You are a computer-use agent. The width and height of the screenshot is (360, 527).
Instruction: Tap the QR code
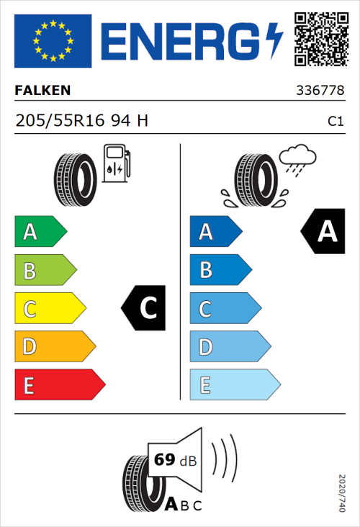tap(320, 39)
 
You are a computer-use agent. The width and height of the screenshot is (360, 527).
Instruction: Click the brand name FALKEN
tap(42, 91)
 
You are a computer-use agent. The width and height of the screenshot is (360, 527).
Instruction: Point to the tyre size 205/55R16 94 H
tap(81, 121)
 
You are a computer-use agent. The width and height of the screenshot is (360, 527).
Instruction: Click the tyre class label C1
tap(335, 122)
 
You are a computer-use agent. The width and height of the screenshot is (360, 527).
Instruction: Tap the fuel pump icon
tap(116, 163)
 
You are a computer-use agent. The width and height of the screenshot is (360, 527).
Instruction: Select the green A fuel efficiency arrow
tap(40, 232)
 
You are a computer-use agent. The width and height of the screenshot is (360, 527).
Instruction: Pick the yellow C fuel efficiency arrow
tap(49, 308)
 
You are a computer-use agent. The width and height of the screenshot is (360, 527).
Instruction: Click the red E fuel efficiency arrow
tap(59, 385)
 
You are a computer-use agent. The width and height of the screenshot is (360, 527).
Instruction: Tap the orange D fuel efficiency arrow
tap(54, 347)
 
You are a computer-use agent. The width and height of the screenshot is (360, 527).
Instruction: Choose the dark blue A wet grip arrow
tap(215, 232)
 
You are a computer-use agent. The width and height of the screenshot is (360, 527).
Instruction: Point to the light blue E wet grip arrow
tap(234, 385)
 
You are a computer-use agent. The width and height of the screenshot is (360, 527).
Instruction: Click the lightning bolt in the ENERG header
tap(274, 40)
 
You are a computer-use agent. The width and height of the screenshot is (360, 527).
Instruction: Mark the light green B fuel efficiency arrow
tap(45, 270)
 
